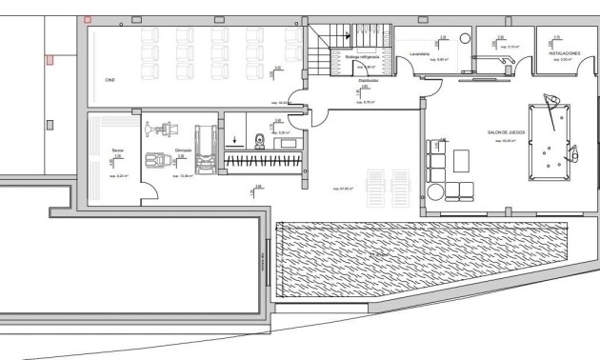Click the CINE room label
pos(110,80)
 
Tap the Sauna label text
pos(116,150)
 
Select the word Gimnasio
pos(184,150)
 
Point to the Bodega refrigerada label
pos(363,57)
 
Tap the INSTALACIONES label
pos(565,54)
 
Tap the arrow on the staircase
pos(349,36)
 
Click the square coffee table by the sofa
pos(463,159)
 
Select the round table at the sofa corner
pos(435,190)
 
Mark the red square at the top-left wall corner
pos(88,19)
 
